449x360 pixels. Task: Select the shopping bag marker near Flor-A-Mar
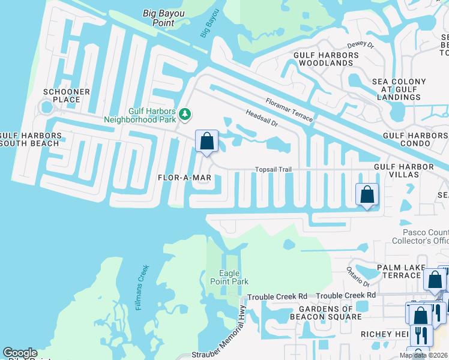click(206, 142)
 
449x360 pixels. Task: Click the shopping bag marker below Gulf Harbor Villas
click(367, 195)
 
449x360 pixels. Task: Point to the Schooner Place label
click(66, 95)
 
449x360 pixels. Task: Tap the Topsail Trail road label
click(273, 170)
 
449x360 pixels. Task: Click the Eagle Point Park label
click(229, 277)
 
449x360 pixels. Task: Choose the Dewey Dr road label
click(360, 45)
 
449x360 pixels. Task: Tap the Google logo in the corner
click(20, 353)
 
